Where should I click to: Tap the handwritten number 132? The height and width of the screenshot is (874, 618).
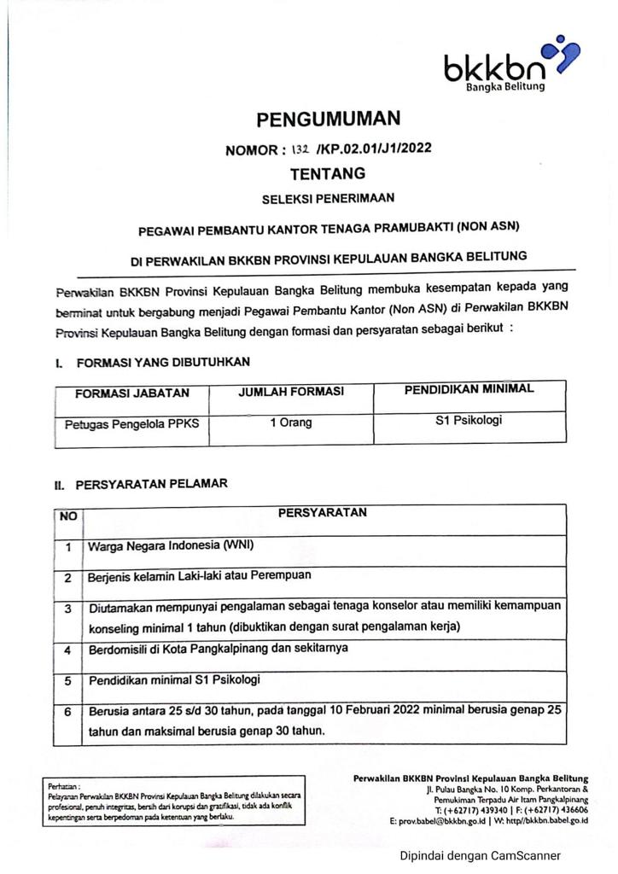click(x=300, y=149)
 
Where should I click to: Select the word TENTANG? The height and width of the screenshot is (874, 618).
click(x=328, y=174)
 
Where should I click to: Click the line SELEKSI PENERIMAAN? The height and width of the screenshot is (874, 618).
click(x=328, y=199)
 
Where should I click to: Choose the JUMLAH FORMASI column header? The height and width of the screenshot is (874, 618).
click(x=291, y=392)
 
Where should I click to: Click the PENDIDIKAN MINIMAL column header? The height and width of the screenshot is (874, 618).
click(x=469, y=389)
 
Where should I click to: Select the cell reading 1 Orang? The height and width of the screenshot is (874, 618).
click(x=291, y=422)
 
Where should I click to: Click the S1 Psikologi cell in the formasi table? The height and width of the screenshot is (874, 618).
click(x=469, y=420)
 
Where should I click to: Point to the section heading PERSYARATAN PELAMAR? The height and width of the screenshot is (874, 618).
click(x=152, y=484)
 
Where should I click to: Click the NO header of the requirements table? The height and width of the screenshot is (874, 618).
click(x=67, y=516)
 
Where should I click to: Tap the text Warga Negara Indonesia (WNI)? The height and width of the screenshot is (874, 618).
click(x=172, y=545)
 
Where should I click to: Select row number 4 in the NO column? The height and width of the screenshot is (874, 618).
click(x=67, y=650)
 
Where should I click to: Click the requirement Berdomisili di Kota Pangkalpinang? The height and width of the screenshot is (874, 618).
click(x=204, y=649)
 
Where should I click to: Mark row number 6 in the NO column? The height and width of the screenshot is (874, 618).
click(x=67, y=712)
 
